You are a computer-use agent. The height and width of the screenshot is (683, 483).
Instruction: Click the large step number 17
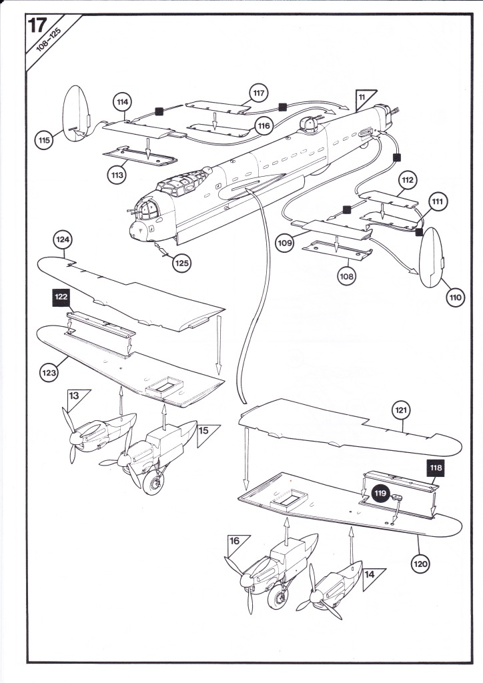click(37, 26)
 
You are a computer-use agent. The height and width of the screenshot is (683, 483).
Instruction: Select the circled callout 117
click(258, 93)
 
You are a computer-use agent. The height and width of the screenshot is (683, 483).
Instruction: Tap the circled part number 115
click(44, 140)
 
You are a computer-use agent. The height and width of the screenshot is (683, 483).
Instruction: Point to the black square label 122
click(61, 297)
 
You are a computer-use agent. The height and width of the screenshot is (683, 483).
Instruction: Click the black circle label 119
click(380, 494)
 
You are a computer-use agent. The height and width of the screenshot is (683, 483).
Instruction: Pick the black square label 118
click(436, 468)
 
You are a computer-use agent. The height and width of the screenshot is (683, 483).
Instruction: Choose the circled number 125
click(181, 263)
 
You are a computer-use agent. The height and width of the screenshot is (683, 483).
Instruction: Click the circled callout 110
click(455, 297)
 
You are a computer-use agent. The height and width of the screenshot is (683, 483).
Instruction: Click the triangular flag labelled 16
click(235, 543)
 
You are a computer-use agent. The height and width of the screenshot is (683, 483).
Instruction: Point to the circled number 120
click(420, 564)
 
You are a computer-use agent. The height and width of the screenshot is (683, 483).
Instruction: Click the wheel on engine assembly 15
click(153, 483)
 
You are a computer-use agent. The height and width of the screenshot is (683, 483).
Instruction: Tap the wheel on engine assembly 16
click(278, 597)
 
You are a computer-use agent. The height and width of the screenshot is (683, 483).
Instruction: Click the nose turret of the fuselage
click(147, 209)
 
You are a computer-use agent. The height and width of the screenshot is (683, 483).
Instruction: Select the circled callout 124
click(63, 239)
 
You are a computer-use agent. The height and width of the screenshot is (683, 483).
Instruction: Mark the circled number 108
click(346, 275)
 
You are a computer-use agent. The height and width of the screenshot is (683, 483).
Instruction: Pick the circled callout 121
click(401, 410)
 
